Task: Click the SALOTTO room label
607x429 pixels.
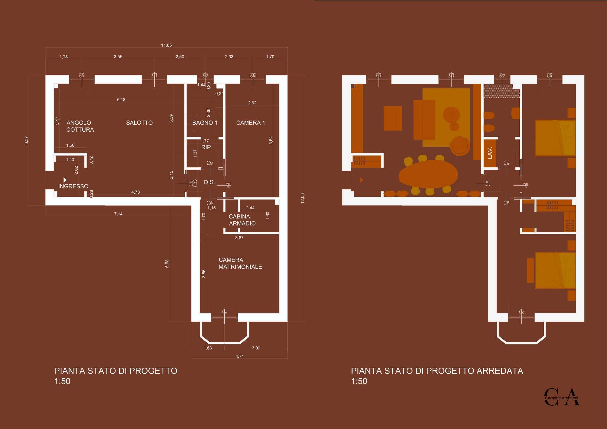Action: (139, 123)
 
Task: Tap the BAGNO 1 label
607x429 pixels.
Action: (205, 123)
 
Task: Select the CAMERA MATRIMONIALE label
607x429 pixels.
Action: (240, 263)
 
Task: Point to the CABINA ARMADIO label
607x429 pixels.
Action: (242, 220)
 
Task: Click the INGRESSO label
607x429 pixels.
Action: (73, 186)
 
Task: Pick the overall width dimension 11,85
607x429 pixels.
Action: (166, 45)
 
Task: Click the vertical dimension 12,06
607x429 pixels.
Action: (302, 198)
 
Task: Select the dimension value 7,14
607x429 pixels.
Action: (118, 214)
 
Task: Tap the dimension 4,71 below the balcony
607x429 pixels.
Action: (239, 356)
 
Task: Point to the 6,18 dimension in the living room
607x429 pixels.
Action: (121, 100)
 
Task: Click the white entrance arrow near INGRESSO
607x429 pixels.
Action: (65, 180)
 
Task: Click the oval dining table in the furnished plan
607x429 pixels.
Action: (428, 174)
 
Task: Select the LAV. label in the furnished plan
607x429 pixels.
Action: (490, 153)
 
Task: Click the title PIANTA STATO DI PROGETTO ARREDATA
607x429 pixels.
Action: (437, 371)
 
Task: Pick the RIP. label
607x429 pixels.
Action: (207, 147)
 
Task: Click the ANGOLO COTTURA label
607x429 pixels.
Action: (80, 126)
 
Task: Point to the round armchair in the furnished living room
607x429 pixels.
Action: (459, 146)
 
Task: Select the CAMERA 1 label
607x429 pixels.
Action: (250, 123)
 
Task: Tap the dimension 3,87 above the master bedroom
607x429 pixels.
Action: (239, 238)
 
